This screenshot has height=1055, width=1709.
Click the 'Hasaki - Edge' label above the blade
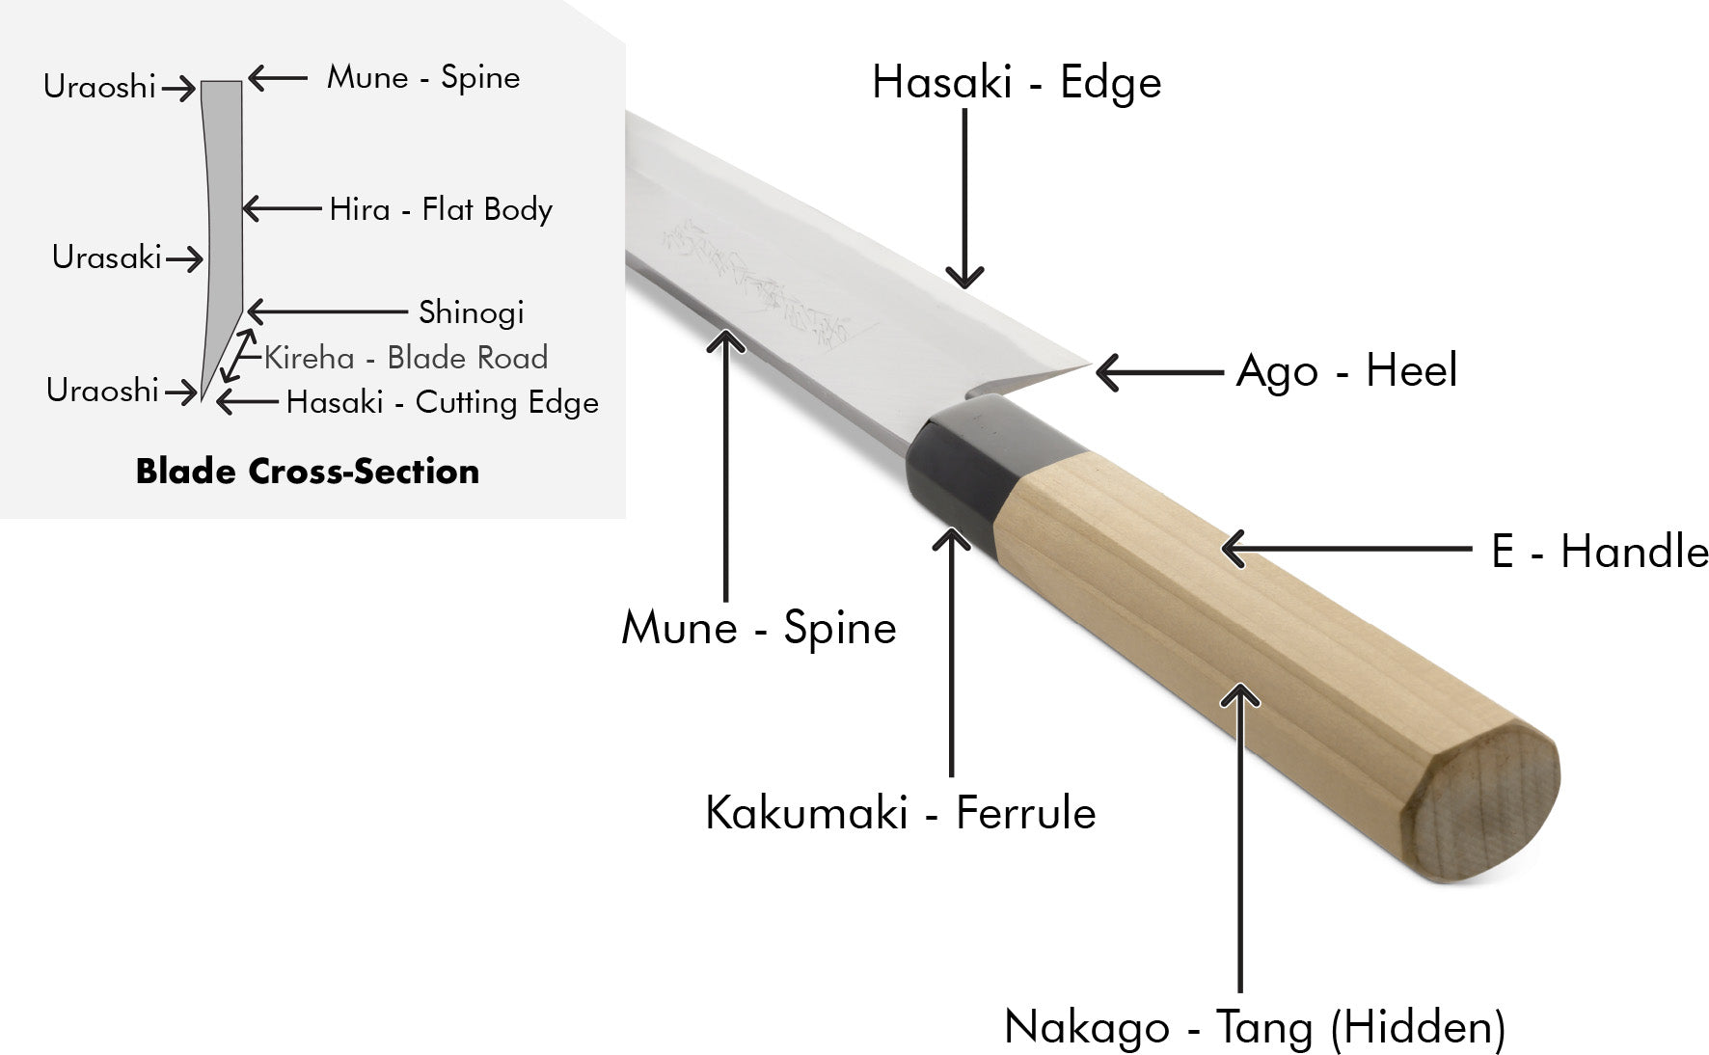(x=1016, y=83)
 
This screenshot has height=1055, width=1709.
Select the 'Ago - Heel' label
(x=1345, y=371)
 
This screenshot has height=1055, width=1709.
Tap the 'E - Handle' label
(x=1599, y=552)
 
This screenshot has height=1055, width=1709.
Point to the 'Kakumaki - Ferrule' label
(x=900, y=813)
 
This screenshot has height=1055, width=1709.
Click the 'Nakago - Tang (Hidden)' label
(x=1254, y=1027)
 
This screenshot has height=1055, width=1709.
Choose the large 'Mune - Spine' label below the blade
(x=759, y=628)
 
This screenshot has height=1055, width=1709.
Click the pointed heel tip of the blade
(x=1088, y=365)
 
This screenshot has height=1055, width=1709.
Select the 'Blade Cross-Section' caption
(x=307, y=472)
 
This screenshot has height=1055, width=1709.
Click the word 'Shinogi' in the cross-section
(x=471, y=312)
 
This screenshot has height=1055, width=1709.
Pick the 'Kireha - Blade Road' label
(x=405, y=358)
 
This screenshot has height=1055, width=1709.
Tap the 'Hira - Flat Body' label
(x=441, y=209)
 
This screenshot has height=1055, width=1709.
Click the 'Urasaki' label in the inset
(x=106, y=257)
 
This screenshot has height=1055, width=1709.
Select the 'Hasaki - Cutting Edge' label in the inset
(x=442, y=402)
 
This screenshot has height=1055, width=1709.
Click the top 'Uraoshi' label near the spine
(x=99, y=87)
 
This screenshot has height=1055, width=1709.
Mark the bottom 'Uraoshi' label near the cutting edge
(x=102, y=391)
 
